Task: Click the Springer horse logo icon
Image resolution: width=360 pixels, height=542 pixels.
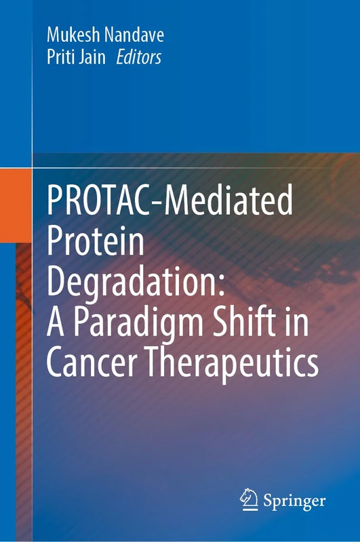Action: point(249,500)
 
